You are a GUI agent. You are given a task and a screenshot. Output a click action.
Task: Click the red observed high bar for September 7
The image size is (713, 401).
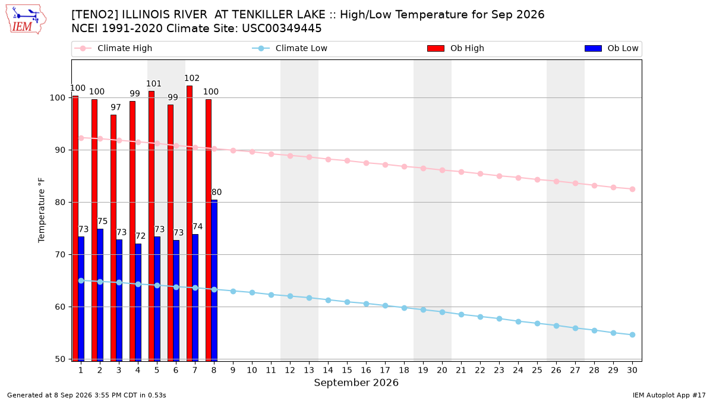(190, 223)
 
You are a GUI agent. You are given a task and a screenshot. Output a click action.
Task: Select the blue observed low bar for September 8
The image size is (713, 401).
(214, 280)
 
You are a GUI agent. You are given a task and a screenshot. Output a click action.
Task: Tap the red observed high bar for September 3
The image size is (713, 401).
(113, 238)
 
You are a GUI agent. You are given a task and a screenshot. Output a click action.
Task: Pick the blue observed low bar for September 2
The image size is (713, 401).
(100, 295)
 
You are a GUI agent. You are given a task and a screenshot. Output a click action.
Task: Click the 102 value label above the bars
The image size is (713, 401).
(192, 78)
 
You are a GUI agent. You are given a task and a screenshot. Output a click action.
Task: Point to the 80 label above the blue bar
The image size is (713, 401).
(216, 192)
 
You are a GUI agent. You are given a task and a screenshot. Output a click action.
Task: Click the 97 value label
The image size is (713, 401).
(116, 108)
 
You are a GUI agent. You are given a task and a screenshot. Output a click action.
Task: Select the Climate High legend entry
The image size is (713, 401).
(113, 48)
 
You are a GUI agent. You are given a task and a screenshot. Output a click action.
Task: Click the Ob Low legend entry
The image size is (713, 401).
(611, 48)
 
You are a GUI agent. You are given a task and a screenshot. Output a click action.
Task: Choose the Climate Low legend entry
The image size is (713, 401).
(290, 48)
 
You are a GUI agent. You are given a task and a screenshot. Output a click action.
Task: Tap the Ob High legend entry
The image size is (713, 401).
(456, 48)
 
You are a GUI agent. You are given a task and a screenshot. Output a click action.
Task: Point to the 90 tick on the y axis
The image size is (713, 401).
(60, 150)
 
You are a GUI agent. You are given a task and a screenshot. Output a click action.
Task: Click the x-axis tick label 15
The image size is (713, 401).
(347, 370)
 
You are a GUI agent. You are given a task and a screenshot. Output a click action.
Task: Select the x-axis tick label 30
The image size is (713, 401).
(632, 370)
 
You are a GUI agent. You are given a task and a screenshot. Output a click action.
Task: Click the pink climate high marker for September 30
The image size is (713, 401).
(632, 190)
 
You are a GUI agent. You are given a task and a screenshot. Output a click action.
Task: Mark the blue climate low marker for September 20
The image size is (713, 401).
(442, 312)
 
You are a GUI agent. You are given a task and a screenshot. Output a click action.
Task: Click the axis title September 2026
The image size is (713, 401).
(356, 383)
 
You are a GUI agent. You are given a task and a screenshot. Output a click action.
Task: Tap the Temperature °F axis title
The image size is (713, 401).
(42, 210)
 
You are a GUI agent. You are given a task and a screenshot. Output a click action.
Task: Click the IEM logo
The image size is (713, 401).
(26, 20)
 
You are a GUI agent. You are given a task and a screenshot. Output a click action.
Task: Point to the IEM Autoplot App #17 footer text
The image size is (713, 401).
(669, 395)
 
